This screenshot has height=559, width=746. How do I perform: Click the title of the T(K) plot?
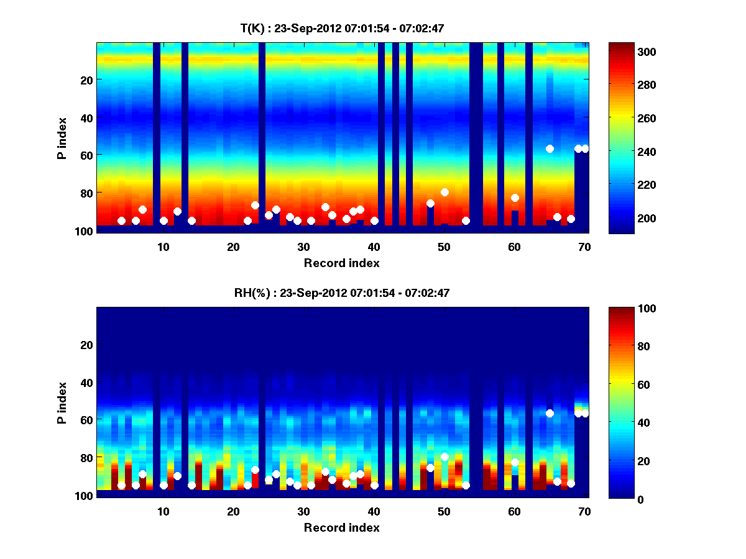[x=342, y=28]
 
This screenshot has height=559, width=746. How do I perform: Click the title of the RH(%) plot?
[x=342, y=293]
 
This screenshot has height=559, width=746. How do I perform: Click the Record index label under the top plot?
[x=342, y=263]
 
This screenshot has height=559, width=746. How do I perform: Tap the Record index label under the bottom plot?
[x=342, y=527]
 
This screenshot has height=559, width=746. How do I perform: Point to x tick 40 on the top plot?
[x=374, y=247]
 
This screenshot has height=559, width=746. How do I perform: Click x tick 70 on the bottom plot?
[x=584, y=511]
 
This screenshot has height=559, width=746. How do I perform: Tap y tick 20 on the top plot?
[x=86, y=80]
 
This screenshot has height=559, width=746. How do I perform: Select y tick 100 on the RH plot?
[x=84, y=496]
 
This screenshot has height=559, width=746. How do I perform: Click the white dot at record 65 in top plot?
[x=550, y=148]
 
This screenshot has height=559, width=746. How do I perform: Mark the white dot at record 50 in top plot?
[x=444, y=192]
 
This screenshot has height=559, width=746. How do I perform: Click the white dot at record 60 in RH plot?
[x=515, y=462]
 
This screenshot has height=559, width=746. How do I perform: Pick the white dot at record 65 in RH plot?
[x=550, y=413]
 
